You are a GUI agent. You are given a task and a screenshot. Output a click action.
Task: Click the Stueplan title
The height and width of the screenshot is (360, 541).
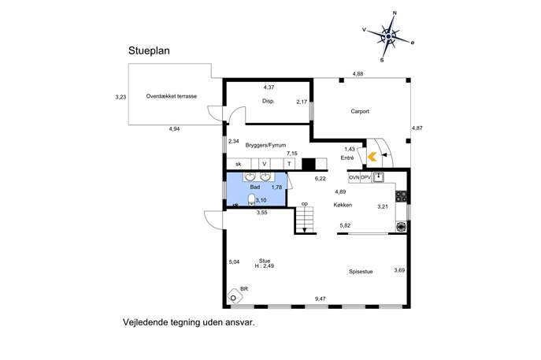pos(149,50)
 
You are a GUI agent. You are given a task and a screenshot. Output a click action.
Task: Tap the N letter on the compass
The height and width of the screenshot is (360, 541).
pos(395,13)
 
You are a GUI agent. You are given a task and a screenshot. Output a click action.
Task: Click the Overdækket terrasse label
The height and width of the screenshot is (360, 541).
pos(172,96)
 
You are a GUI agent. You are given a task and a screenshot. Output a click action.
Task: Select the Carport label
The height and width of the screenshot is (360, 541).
pos(360,111)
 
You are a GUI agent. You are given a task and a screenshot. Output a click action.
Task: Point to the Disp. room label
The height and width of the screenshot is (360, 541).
pos(268,101)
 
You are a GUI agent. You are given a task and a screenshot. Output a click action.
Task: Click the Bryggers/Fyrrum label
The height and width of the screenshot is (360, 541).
pos(265,145)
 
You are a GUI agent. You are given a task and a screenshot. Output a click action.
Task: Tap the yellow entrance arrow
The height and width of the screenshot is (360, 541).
pos(372,157)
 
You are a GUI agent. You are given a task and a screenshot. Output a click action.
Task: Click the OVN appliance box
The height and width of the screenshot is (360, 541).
pos(354,177)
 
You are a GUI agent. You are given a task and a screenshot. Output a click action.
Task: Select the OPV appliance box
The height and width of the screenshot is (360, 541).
pos(365,177)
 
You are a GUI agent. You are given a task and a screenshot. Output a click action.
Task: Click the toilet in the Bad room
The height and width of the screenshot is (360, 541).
pos(251,200)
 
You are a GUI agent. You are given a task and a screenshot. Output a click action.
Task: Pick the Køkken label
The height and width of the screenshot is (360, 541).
pos(343,205)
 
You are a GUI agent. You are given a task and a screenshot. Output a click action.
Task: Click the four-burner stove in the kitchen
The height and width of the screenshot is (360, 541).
pos(401,196)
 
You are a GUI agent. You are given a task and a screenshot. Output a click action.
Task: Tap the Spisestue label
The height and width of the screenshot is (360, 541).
pos(361,272)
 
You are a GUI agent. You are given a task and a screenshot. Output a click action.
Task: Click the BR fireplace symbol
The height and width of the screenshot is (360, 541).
pos(234,297)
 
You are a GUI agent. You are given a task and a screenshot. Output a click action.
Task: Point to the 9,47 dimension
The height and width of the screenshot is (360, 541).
pos(321,299)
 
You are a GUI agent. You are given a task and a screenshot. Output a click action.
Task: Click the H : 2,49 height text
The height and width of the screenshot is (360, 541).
pos(265,266)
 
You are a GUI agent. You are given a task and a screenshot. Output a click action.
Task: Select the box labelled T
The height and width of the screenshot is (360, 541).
pos(289,164)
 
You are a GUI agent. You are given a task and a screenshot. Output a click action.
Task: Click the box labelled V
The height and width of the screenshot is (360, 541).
pos(265,164)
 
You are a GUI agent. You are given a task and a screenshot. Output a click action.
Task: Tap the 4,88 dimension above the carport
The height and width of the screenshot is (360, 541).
pos(358,73)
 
